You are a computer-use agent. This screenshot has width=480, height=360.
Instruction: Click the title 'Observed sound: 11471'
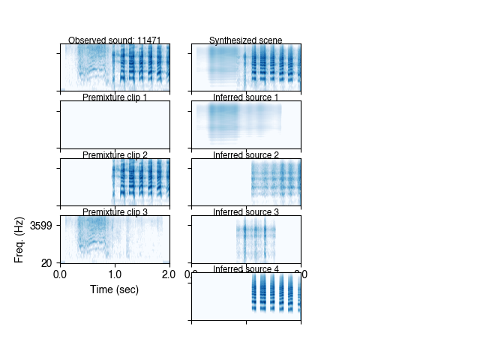114,40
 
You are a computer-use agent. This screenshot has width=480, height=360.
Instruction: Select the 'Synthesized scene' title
246,40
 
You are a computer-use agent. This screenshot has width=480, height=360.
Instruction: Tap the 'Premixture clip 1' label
114,97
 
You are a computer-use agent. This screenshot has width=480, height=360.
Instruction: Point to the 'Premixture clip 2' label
114,155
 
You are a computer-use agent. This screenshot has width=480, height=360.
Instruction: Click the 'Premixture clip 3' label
114,212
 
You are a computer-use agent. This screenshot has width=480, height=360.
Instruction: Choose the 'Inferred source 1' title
246,97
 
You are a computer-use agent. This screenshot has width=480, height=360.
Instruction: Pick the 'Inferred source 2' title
246,155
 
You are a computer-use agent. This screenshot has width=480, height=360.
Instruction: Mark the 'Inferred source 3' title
246,212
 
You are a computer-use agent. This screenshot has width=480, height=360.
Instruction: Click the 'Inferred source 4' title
246,269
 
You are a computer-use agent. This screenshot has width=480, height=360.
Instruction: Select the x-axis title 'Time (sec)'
114,289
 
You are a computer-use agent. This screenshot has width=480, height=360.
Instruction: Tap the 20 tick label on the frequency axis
47,262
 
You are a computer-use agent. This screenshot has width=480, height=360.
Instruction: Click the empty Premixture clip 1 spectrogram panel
114,124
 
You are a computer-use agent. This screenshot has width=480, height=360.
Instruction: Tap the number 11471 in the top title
148,40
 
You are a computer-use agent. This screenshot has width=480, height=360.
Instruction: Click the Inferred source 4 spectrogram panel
246,296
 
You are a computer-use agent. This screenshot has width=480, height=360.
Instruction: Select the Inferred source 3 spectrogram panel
246,239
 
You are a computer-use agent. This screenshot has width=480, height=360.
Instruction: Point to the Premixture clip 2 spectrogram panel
114,182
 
